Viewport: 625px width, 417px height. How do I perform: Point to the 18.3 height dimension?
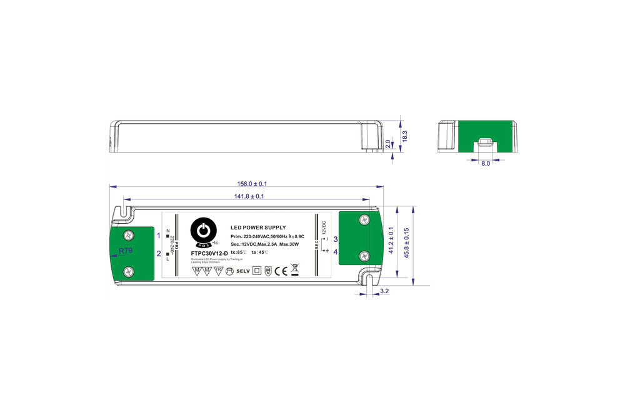click(404, 136)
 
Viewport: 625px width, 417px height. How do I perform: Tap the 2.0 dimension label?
click(387, 144)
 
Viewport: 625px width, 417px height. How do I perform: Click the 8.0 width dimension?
click(485, 163)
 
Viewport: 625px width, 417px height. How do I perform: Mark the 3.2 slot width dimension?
click(384, 291)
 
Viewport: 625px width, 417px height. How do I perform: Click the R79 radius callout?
click(126, 251)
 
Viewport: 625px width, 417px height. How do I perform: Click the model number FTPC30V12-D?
click(209, 253)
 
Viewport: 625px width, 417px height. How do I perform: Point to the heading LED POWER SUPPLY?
click(258, 228)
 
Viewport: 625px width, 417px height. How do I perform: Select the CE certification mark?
click(281, 271)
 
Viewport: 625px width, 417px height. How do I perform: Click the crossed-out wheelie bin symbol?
click(296, 270)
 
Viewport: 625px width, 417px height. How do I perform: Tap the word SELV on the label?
click(242, 271)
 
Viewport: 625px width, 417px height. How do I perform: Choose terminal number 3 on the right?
click(336, 239)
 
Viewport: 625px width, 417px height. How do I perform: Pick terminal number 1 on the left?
click(159, 236)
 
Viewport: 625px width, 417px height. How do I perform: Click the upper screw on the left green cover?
click(129, 234)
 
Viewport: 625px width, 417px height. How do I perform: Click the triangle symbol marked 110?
click(218, 271)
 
